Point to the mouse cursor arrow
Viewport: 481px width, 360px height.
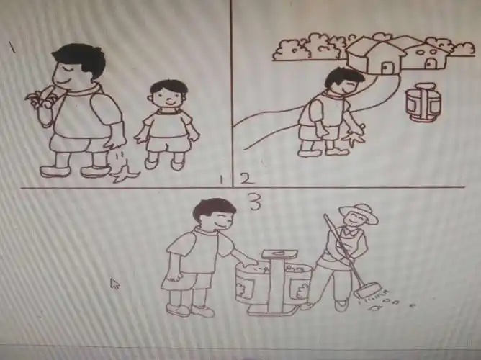pos(114,283)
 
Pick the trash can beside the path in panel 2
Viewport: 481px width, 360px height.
pos(417,103)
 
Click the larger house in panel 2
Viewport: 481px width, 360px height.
pos(375,56)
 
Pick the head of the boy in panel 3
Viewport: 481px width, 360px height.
pos(215,215)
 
